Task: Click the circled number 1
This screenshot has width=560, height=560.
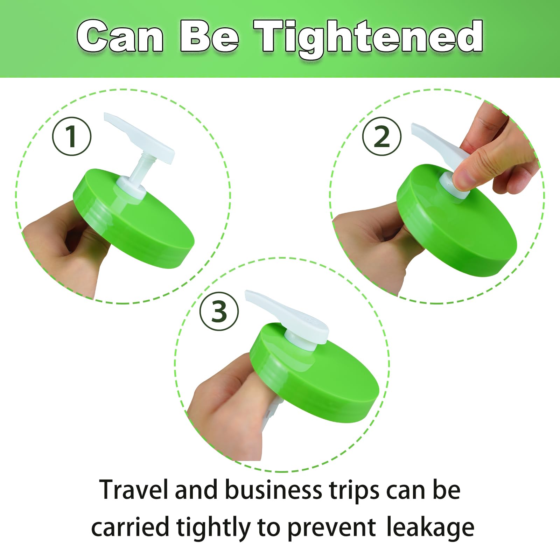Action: pyautogui.click(x=72, y=136)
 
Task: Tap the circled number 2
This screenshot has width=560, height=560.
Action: pyautogui.click(x=381, y=136)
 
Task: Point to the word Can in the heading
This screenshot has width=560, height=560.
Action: pyautogui.click(x=120, y=37)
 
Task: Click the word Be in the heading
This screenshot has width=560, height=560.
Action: pyautogui.click(x=209, y=37)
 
